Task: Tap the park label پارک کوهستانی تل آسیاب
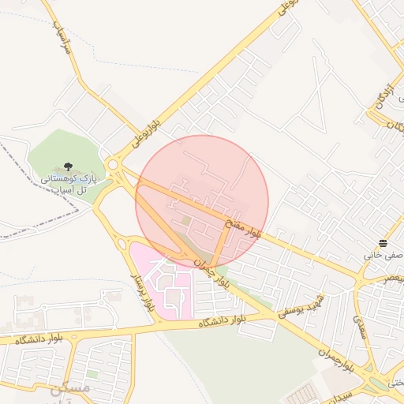point(68,185)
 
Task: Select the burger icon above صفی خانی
point(383,243)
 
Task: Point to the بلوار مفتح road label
point(244,229)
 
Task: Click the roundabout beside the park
point(114,164)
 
